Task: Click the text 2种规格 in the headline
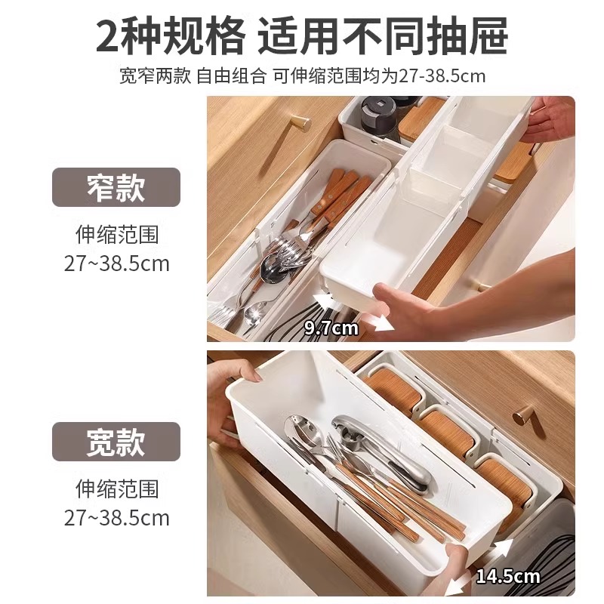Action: click(x=170, y=35)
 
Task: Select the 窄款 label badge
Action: click(x=116, y=187)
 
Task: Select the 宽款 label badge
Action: click(x=116, y=442)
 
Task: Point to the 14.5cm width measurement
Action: click(x=507, y=577)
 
